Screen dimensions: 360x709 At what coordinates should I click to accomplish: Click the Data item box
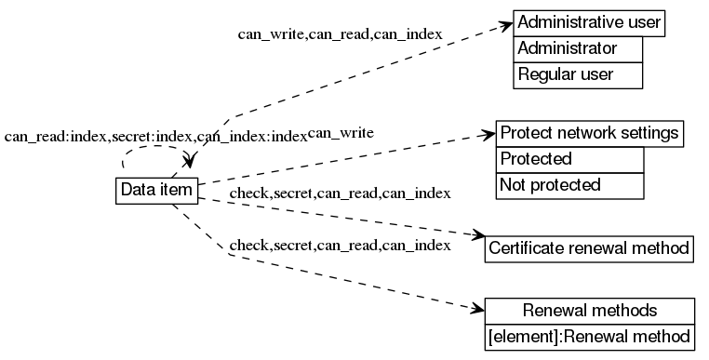coord(156,190)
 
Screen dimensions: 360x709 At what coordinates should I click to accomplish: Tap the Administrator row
coord(578,48)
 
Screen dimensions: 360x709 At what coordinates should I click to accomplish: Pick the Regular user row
coord(578,74)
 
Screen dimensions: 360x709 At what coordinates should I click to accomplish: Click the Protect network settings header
coord(590,133)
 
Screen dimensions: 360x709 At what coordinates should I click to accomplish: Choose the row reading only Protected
coord(569,159)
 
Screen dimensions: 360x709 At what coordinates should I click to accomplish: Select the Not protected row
coord(569,185)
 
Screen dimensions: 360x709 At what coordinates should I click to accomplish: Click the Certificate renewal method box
coord(588,248)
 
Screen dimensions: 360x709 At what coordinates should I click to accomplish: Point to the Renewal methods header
coord(590,310)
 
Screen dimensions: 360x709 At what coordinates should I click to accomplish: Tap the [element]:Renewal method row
coord(590,335)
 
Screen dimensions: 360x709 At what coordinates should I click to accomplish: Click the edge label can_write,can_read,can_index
coord(340,34)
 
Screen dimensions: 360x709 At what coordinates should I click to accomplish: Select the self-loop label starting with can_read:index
coord(155,137)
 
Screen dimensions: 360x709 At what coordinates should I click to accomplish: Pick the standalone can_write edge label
coord(341,133)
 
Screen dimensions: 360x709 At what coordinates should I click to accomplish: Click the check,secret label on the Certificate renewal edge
coord(340,193)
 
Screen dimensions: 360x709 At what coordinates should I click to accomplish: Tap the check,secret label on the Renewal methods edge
coord(340,246)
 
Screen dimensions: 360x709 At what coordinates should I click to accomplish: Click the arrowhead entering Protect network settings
coord(488,135)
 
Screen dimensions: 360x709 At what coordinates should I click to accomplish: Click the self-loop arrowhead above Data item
coord(191,166)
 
